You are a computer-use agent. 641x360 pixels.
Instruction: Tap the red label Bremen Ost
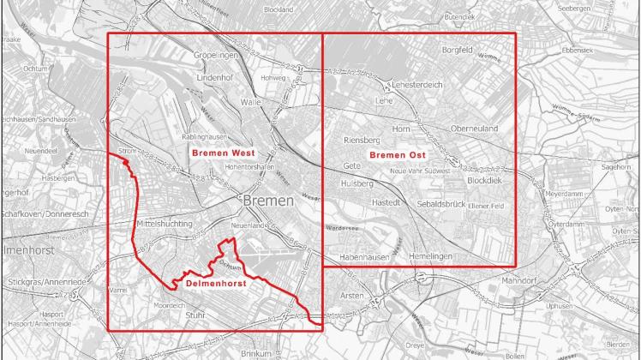click(398, 154)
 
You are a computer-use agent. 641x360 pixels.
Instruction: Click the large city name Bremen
click(267, 200)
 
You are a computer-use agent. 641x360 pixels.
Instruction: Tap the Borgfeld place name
click(457, 51)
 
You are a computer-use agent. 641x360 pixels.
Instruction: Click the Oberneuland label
click(474, 129)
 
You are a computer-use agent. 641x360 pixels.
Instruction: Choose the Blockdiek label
click(486, 181)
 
